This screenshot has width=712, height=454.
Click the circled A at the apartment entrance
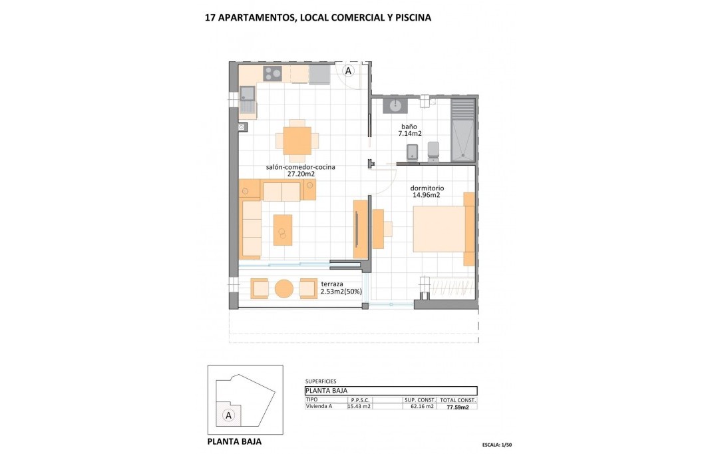pos(348,71)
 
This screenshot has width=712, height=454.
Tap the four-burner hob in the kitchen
pos(273,73)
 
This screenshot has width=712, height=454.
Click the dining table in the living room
pos(297,140)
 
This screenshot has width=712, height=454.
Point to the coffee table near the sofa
pos(283,230)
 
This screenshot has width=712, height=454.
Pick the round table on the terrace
pos(284,288)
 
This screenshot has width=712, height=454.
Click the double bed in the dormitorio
pos(441,229)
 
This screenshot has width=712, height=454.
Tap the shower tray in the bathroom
pos(463,130)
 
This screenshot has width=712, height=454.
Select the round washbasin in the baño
pos(396,105)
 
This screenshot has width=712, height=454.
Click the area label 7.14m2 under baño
pos(409,134)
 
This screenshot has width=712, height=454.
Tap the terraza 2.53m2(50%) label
pos(341,288)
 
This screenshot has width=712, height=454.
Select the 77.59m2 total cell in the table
pos(458,407)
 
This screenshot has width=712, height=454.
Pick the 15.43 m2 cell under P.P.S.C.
pos(359,407)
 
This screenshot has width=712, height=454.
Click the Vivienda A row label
pos(320,407)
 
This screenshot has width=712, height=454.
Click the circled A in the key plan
pos(229,415)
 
